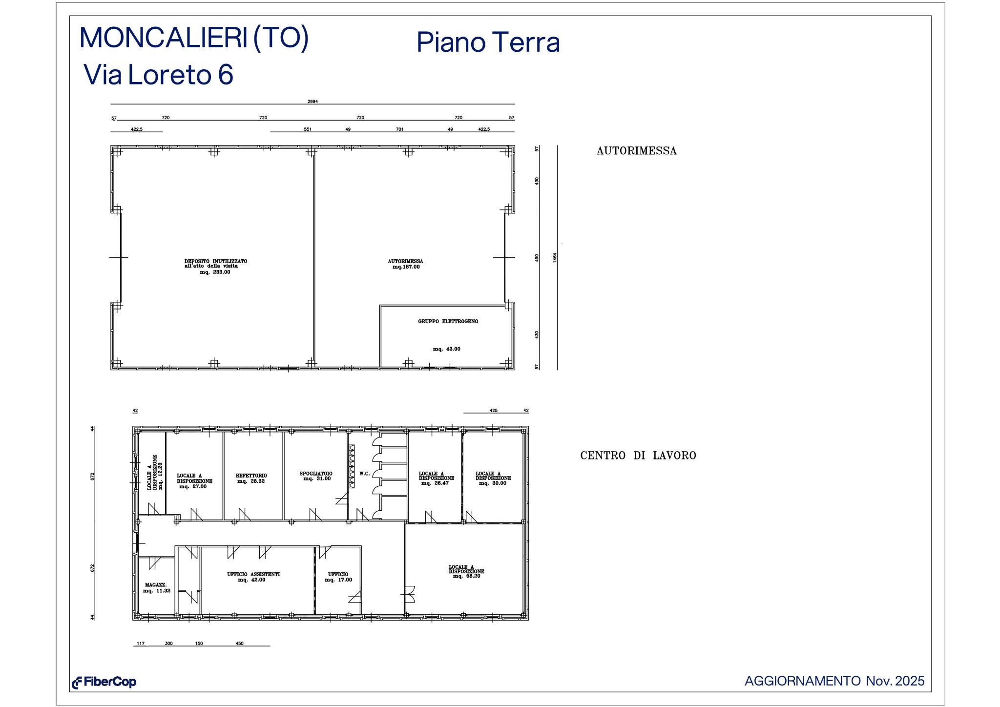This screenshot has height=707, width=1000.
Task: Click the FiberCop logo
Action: (x=104, y=682)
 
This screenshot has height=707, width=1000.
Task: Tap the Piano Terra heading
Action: (x=488, y=42)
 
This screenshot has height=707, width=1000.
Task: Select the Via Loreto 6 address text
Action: (x=159, y=75)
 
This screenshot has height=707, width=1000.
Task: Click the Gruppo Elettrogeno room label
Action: (x=448, y=322)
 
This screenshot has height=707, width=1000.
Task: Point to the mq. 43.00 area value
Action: (x=446, y=349)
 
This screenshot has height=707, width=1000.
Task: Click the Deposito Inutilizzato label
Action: (x=216, y=261)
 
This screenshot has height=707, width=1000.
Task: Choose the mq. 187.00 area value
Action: (x=406, y=267)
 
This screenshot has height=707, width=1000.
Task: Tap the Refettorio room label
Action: (x=251, y=476)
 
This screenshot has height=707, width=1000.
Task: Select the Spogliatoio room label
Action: (x=316, y=474)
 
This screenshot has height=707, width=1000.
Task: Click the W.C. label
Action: (x=364, y=474)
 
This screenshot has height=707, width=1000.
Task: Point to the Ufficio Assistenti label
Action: (x=253, y=575)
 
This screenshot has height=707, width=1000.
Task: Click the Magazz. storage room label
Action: (x=156, y=585)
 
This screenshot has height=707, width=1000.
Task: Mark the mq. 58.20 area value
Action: (x=466, y=576)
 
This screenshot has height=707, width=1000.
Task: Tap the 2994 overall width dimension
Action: (x=312, y=102)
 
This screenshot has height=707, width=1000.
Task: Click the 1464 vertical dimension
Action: (x=555, y=257)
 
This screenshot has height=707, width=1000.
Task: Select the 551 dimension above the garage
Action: (x=308, y=129)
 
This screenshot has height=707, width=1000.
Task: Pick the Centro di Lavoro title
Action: (x=638, y=456)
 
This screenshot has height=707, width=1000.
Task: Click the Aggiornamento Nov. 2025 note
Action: (x=834, y=681)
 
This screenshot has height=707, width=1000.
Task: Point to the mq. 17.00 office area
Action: (x=338, y=580)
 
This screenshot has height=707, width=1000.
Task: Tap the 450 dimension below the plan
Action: (x=239, y=644)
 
